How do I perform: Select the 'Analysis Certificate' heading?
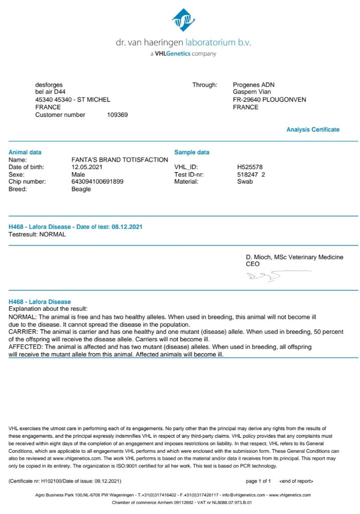(x=313, y=130)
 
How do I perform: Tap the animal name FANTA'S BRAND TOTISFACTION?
(x=120, y=160)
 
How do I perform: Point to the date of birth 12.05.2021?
(x=87, y=167)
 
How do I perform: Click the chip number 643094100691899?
(x=97, y=182)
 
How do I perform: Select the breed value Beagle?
(x=81, y=189)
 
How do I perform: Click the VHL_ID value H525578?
(x=250, y=167)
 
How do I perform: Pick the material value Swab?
(x=245, y=182)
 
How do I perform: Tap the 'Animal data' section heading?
(x=25, y=153)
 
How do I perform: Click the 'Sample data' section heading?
(x=192, y=153)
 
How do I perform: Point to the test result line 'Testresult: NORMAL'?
(x=37, y=234)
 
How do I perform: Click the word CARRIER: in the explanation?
(x=23, y=332)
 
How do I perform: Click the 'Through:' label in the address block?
(x=205, y=85)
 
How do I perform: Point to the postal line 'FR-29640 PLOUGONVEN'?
(x=269, y=100)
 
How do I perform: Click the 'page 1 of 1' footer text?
(x=258, y=481)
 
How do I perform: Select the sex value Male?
(x=78, y=174)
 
